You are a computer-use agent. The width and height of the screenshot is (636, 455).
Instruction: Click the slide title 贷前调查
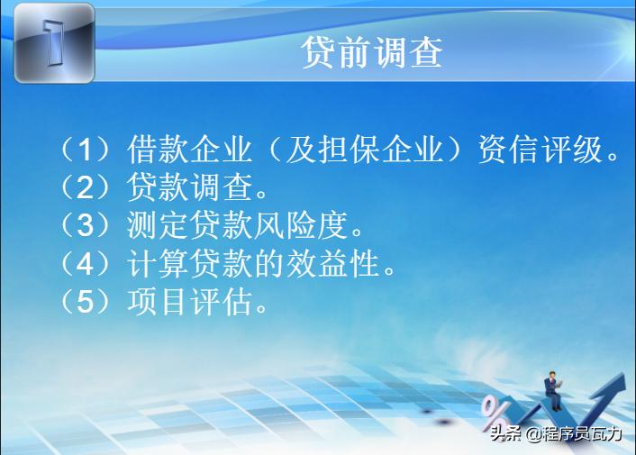click(x=371, y=53)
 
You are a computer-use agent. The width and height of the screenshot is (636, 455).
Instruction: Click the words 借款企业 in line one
click(x=186, y=148)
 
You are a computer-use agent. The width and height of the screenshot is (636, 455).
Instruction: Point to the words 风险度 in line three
click(x=305, y=225)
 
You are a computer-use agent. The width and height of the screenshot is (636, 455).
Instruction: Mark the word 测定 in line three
click(x=147, y=225)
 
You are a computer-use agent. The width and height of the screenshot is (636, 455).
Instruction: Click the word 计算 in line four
click(x=147, y=263)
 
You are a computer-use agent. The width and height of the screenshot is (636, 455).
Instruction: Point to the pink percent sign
click(x=495, y=411)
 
